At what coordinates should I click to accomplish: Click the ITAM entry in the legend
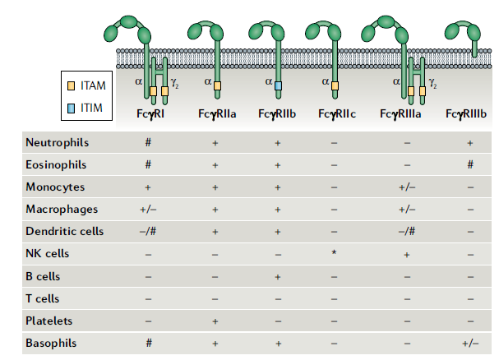tap(86, 85)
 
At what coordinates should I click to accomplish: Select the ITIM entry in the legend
tap(85, 108)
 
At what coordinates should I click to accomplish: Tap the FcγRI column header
tap(150, 113)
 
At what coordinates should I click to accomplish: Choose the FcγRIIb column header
tap(277, 113)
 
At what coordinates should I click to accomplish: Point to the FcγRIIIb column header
tap(466, 113)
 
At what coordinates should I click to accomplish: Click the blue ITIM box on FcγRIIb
tap(278, 85)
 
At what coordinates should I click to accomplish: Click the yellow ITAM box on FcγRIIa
tap(217, 85)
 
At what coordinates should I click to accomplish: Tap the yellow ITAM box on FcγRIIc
tap(335, 85)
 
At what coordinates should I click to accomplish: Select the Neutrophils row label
tap(58, 142)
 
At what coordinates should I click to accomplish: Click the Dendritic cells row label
tap(65, 231)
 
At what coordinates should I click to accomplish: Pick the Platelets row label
tap(49, 321)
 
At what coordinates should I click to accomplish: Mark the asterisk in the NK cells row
tap(334, 252)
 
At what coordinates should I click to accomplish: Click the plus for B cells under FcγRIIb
tap(278, 277)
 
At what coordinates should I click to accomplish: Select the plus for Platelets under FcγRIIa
tap(215, 321)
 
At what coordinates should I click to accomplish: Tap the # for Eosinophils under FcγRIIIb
tap(470, 164)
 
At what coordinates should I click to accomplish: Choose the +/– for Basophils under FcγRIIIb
tap(470, 343)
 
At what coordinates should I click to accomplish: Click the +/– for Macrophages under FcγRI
tap(148, 210)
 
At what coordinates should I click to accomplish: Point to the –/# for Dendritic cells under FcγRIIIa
tap(407, 231)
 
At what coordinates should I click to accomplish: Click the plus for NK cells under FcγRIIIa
tap(407, 255)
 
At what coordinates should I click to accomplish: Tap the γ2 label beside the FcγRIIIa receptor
tap(432, 83)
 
